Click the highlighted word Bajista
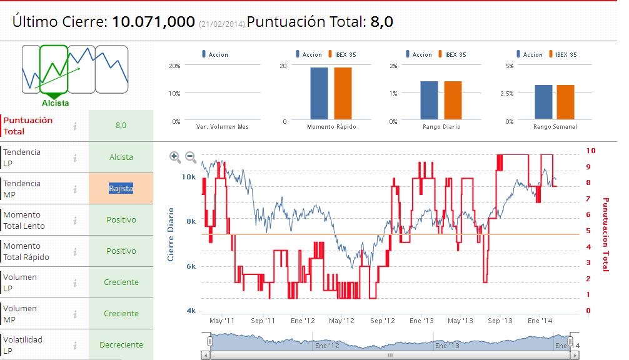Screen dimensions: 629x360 pyautogui.click(x=121, y=188)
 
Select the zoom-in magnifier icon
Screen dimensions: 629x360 pyautogui.click(x=175, y=157)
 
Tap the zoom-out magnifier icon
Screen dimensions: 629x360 pyautogui.click(x=191, y=157)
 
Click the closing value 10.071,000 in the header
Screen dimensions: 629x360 pyautogui.click(x=153, y=22)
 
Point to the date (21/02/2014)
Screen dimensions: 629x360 pyautogui.click(x=222, y=24)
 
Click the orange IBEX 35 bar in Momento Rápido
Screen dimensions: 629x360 pyautogui.click(x=343, y=93)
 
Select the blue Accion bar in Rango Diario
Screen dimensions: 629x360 pyautogui.click(x=429, y=100)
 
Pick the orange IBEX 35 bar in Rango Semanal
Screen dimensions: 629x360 pyautogui.click(x=566, y=102)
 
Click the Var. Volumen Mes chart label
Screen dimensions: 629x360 pyautogui.click(x=222, y=127)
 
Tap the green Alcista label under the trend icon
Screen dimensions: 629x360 pyautogui.click(x=56, y=103)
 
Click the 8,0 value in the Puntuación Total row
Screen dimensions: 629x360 pyautogui.click(x=121, y=126)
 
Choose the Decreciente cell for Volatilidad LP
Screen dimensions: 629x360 pyautogui.click(x=121, y=345)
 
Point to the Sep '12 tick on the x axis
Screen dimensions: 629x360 pyautogui.click(x=382, y=321)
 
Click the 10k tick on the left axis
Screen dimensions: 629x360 pyautogui.click(x=189, y=177)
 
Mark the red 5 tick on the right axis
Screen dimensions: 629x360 pyautogui.click(x=588, y=231)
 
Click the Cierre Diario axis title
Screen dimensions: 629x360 pyautogui.click(x=171, y=234)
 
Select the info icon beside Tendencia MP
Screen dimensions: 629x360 pyautogui.click(x=75, y=189)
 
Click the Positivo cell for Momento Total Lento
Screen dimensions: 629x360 pyautogui.click(x=121, y=220)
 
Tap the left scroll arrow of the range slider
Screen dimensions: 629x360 pyautogui.click(x=206, y=355)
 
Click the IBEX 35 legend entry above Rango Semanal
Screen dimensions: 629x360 pyautogui.click(x=562, y=54)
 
